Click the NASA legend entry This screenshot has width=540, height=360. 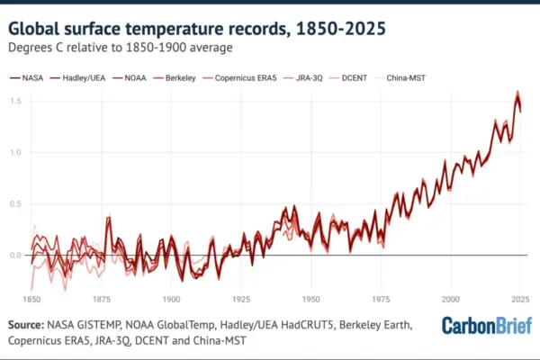click(x=26, y=78)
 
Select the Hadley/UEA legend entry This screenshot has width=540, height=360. click(x=77, y=78)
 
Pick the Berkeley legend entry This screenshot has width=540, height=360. click(x=175, y=78)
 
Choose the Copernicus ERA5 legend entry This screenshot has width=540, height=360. click(x=239, y=78)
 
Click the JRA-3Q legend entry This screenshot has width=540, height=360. click(x=303, y=78)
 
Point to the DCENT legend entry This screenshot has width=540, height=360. click(x=348, y=78)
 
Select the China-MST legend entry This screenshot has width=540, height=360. click(x=400, y=78)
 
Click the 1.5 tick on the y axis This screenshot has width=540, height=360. click(x=15, y=101)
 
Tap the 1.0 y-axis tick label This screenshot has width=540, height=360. click(x=15, y=152)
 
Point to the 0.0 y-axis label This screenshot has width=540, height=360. click(x=15, y=256)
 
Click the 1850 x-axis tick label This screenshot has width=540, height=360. click(x=31, y=300)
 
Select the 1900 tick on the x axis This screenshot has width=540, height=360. click(x=172, y=300)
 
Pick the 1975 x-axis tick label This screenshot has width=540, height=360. click(x=381, y=300)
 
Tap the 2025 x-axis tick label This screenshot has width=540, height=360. click(x=520, y=300)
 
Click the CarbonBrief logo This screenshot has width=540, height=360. click(x=487, y=326)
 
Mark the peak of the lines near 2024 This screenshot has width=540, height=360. click(x=517, y=91)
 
